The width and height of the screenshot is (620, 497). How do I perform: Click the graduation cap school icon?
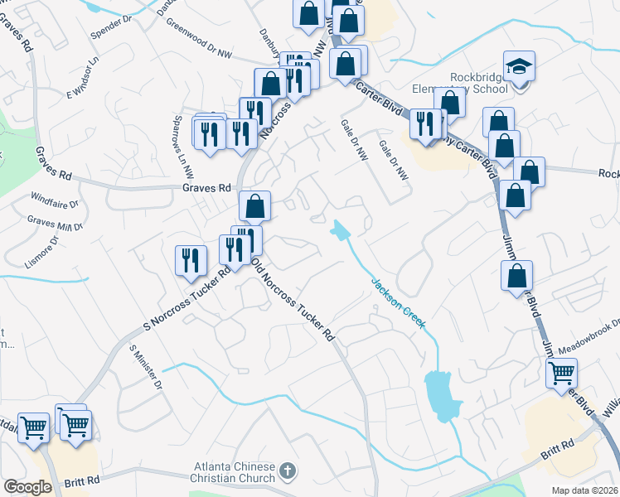pos(519,65)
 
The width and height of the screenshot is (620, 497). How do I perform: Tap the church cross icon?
pos(287,471)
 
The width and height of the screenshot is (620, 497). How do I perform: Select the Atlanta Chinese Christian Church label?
pos(235,471)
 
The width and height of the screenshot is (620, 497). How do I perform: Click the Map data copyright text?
pos(585,490)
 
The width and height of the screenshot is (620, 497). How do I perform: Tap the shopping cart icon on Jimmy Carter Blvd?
pos(561,374)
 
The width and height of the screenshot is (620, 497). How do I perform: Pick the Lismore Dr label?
pos(42,246)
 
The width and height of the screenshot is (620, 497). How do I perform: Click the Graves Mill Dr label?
pos(56,223)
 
